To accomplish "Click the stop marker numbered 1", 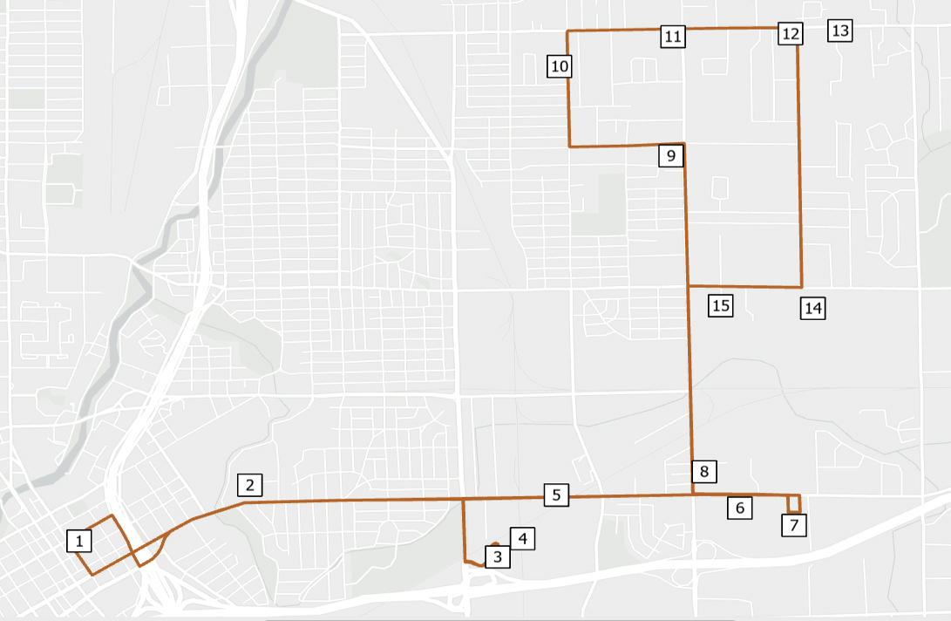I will (x=79, y=542).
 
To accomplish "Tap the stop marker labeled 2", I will (x=249, y=485).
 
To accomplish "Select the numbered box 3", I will (x=497, y=556).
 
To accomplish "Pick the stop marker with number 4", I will (x=522, y=539).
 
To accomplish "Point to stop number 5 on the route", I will (x=556, y=495).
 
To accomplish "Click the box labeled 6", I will (x=740, y=508).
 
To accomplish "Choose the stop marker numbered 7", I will (x=794, y=525).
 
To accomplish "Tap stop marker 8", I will (x=704, y=472).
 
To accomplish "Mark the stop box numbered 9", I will (x=670, y=156).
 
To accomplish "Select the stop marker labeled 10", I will (x=560, y=65).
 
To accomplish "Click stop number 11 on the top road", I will (x=672, y=37).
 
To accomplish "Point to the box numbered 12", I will (x=790, y=34).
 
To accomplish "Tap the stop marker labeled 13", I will (x=839, y=31).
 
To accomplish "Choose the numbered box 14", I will (x=813, y=308).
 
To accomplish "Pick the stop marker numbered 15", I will (x=720, y=305).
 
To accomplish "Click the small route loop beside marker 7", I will (x=794, y=504).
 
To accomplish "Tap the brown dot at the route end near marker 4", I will (x=495, y=543).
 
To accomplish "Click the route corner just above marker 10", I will (x=568, y=31).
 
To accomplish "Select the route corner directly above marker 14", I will (x=801, y=287).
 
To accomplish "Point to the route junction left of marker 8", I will (x=692, y=495).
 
